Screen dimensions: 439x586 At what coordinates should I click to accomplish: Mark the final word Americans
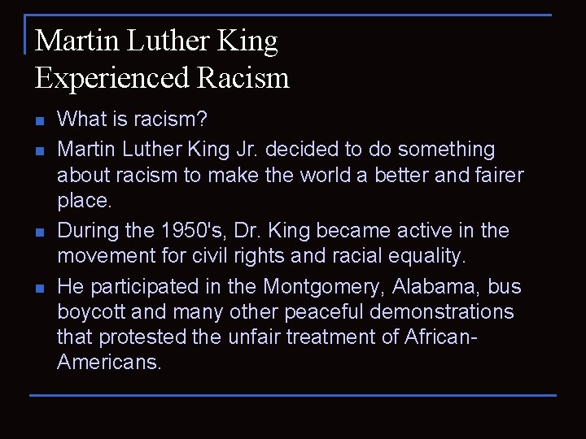(110, 363)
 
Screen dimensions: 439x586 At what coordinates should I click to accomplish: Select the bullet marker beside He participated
(39, 289)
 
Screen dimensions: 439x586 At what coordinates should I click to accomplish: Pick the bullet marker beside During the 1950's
(39, 233)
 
